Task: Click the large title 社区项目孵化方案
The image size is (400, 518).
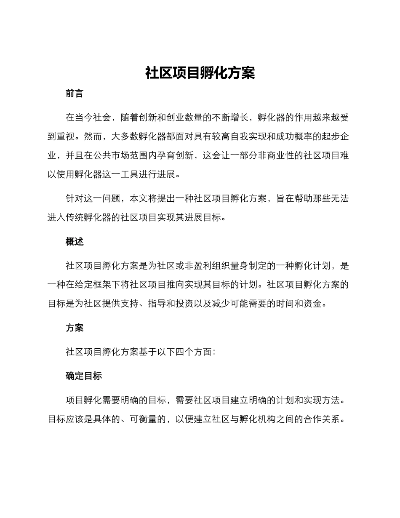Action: (200, 73)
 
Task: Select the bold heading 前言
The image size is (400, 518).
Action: (75, 94)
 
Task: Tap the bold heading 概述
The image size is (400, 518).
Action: (75, 242)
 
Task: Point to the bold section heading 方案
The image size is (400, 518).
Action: (75, 328)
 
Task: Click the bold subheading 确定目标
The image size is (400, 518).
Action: (84, 376)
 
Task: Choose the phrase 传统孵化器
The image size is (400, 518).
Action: (93, 218)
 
